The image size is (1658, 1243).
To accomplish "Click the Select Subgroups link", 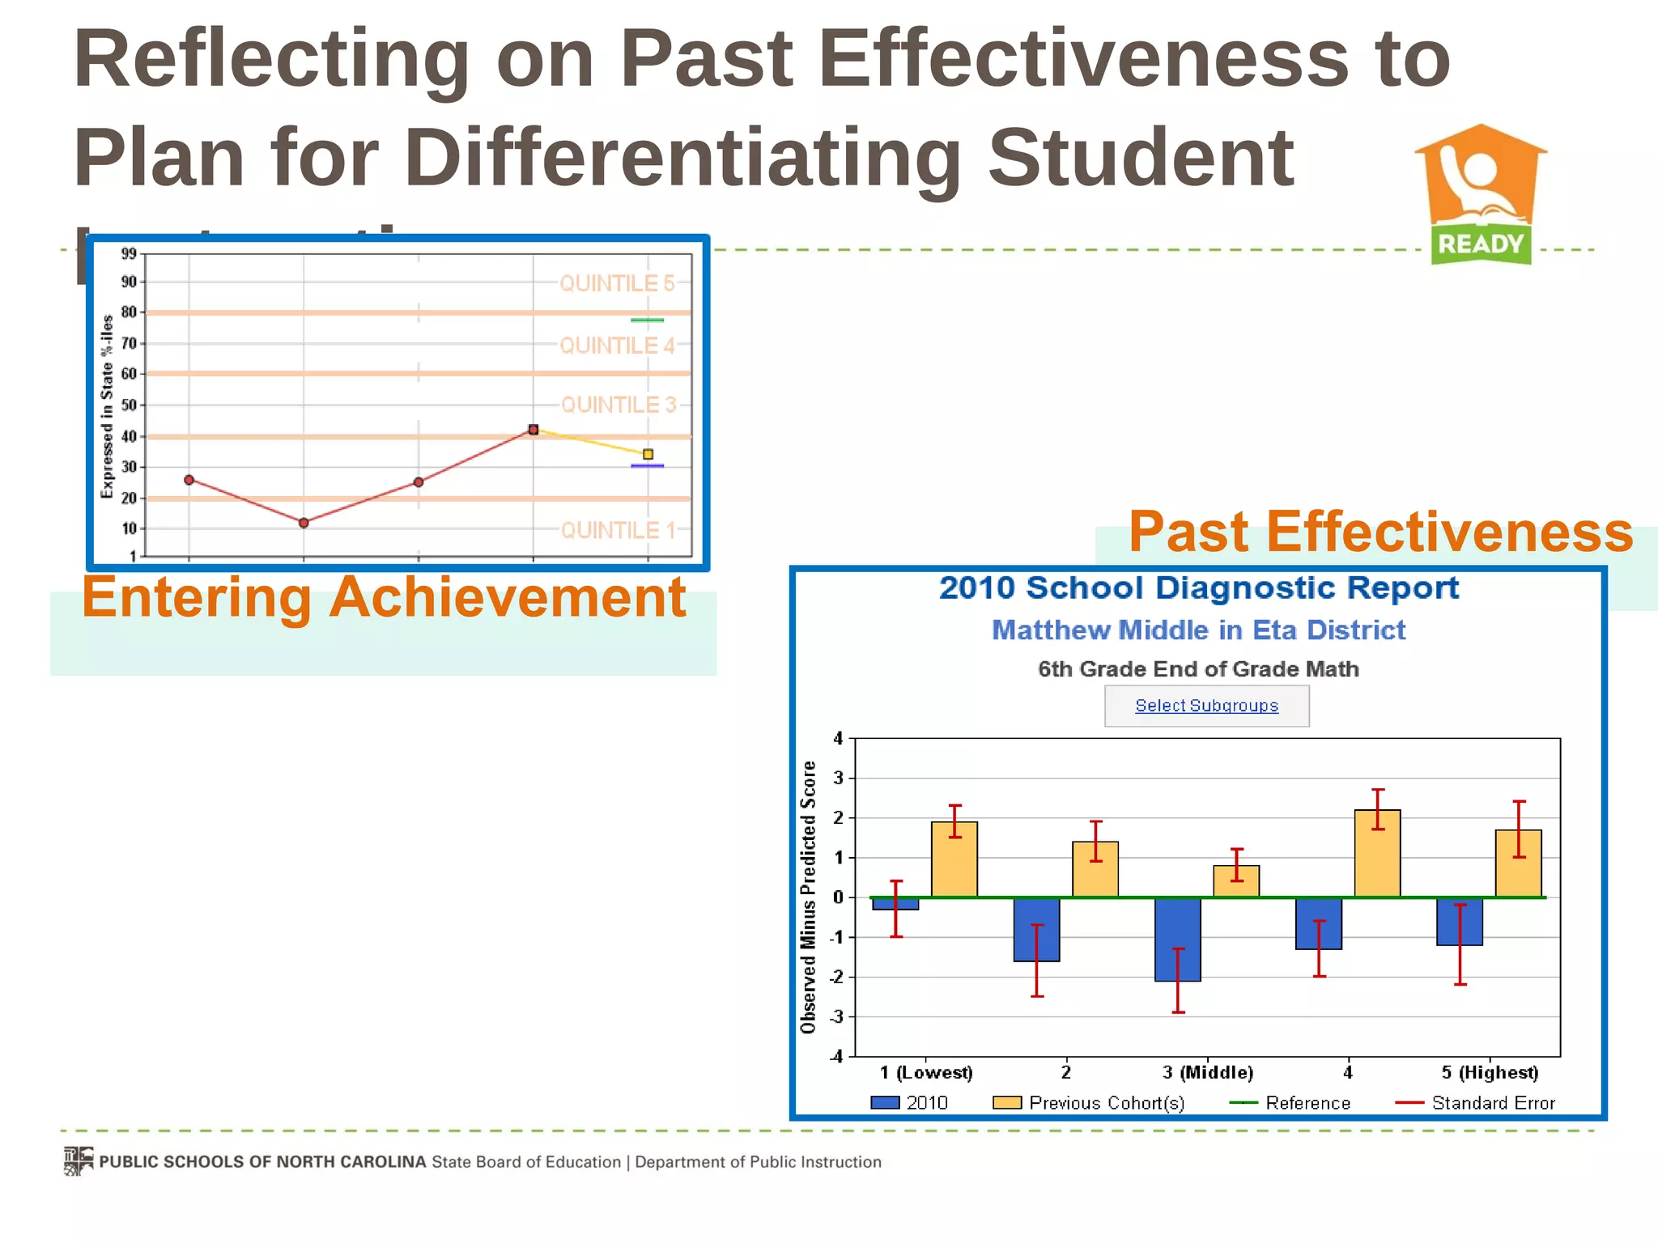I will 1206,706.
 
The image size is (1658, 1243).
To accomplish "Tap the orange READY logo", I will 1481,195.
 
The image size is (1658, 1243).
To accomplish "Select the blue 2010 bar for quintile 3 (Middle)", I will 1177,939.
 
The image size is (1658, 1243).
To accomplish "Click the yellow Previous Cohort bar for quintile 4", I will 1377,854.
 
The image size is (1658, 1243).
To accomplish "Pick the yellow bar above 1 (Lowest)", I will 954,859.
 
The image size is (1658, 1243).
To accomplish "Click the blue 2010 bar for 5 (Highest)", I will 1459,921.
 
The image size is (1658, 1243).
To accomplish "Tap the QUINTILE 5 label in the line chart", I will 617,283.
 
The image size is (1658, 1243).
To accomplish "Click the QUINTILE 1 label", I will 618,530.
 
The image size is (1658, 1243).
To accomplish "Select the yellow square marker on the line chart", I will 648,454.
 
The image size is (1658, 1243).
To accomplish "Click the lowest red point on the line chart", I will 304,523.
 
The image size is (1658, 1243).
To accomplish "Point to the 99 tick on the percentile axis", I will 129,254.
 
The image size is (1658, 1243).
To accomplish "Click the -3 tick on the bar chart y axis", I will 836,1016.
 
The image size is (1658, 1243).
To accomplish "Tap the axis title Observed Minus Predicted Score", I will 808,897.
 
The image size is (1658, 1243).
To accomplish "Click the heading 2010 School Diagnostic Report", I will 1198,588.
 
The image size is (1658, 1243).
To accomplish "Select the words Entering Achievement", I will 384,597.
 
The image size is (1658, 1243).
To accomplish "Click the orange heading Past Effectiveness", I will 1380,532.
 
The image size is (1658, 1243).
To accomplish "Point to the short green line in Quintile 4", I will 647,320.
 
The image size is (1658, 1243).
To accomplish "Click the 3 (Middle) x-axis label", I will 1207,1073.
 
